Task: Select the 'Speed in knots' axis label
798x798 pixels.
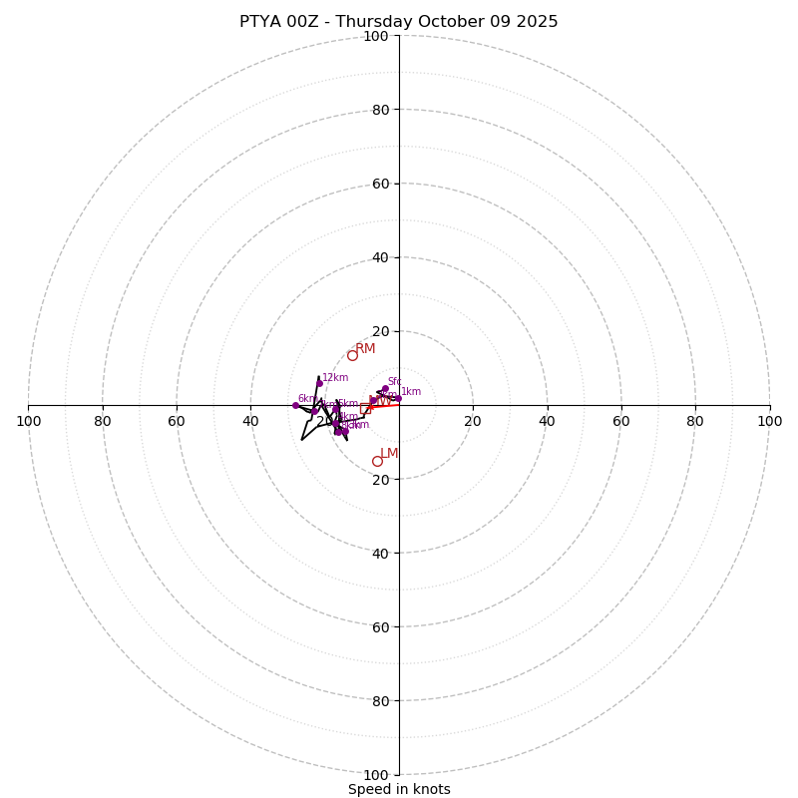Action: pos(399,789)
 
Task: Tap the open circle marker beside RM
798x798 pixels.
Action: pos(352,355)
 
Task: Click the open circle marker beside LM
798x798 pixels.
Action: pos(377,461)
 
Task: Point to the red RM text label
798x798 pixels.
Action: pos(366,348)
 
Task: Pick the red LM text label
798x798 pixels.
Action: pos(389,454)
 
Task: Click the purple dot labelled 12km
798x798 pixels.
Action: pos(319,383)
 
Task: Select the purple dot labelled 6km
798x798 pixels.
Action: pos(295,405)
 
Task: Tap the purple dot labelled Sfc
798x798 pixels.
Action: pos(385,389)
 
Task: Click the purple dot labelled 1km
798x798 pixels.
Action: pos(398,398)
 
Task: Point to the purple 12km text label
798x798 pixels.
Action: pos(335,378)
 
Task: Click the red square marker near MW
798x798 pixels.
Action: pos(365,408)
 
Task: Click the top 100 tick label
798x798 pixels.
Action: pos(376,36)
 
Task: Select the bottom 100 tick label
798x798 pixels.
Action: pos(376,774)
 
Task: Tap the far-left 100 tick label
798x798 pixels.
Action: pos(29,421)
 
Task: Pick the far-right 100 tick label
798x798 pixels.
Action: pos(769,421)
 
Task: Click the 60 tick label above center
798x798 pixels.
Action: pos(379,184)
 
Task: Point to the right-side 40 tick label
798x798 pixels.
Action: pos(547,421)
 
